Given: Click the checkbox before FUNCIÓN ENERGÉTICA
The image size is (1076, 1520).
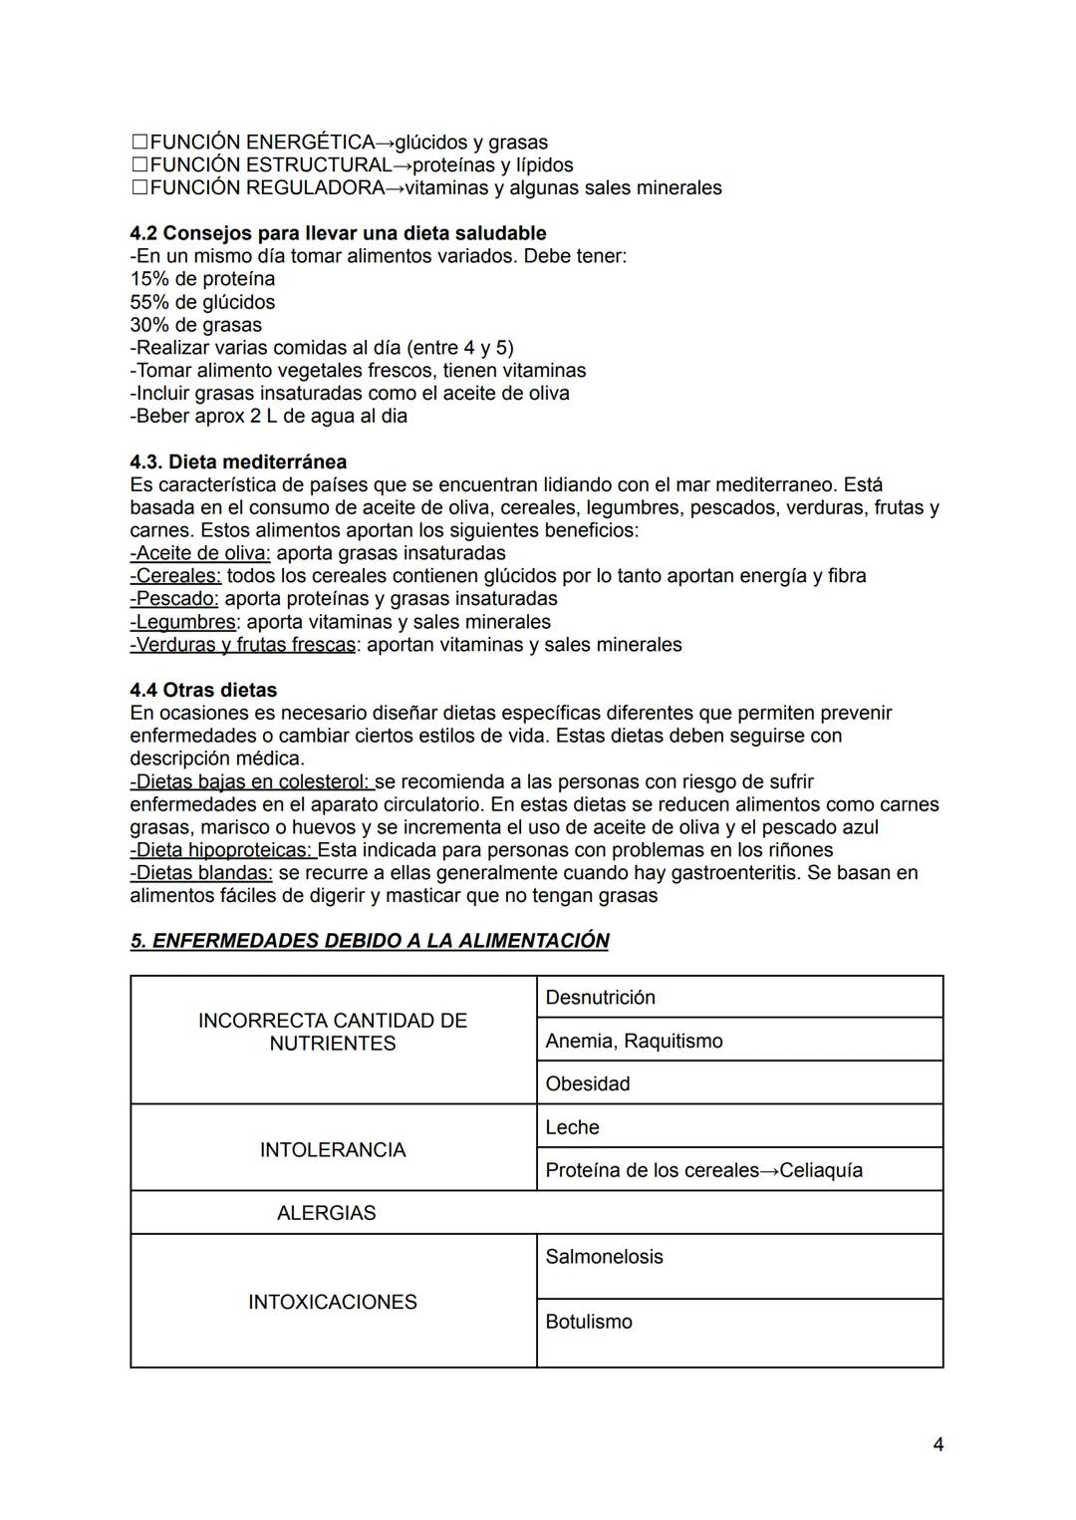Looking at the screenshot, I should pos(139,143).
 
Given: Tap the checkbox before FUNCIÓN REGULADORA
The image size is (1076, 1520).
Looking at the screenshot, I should pos(139,188).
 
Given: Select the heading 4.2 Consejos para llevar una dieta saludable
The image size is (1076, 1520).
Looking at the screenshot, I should pos(338,233).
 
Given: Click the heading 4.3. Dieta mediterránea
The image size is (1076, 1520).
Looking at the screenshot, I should pos(238,462).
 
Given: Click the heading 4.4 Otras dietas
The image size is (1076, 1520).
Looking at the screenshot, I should pos(203,691).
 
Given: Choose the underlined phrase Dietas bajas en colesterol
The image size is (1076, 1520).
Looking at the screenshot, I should pos(252,782).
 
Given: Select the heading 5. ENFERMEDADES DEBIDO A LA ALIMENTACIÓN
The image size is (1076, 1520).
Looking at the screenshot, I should pos(370,941).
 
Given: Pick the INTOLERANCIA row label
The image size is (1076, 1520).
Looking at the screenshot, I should pos(333,1150).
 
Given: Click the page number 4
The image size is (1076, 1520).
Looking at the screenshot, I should pos(938,1444).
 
